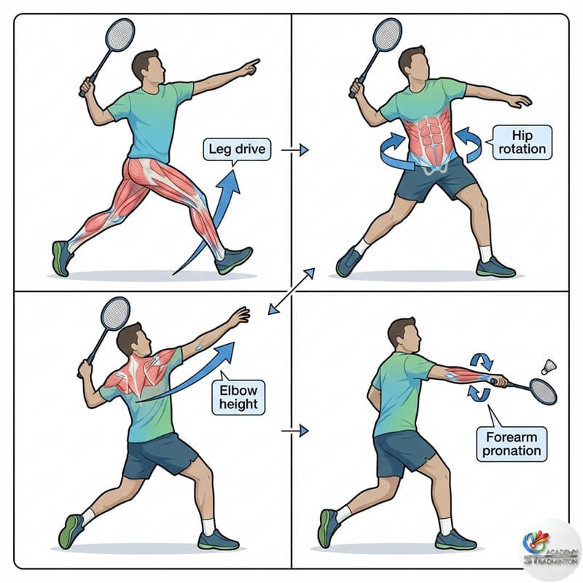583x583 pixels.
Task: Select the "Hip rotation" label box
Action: click(x=522, y=142)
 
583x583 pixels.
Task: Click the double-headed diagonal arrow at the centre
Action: click(x=290, y=291)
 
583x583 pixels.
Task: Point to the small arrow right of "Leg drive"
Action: click(x=295, y=150)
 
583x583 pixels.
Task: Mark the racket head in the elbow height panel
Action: click(x=115, y=313)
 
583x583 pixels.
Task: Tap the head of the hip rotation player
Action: click(x=412, y=65)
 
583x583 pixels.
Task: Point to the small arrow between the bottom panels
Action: click(x=295, y=431)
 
